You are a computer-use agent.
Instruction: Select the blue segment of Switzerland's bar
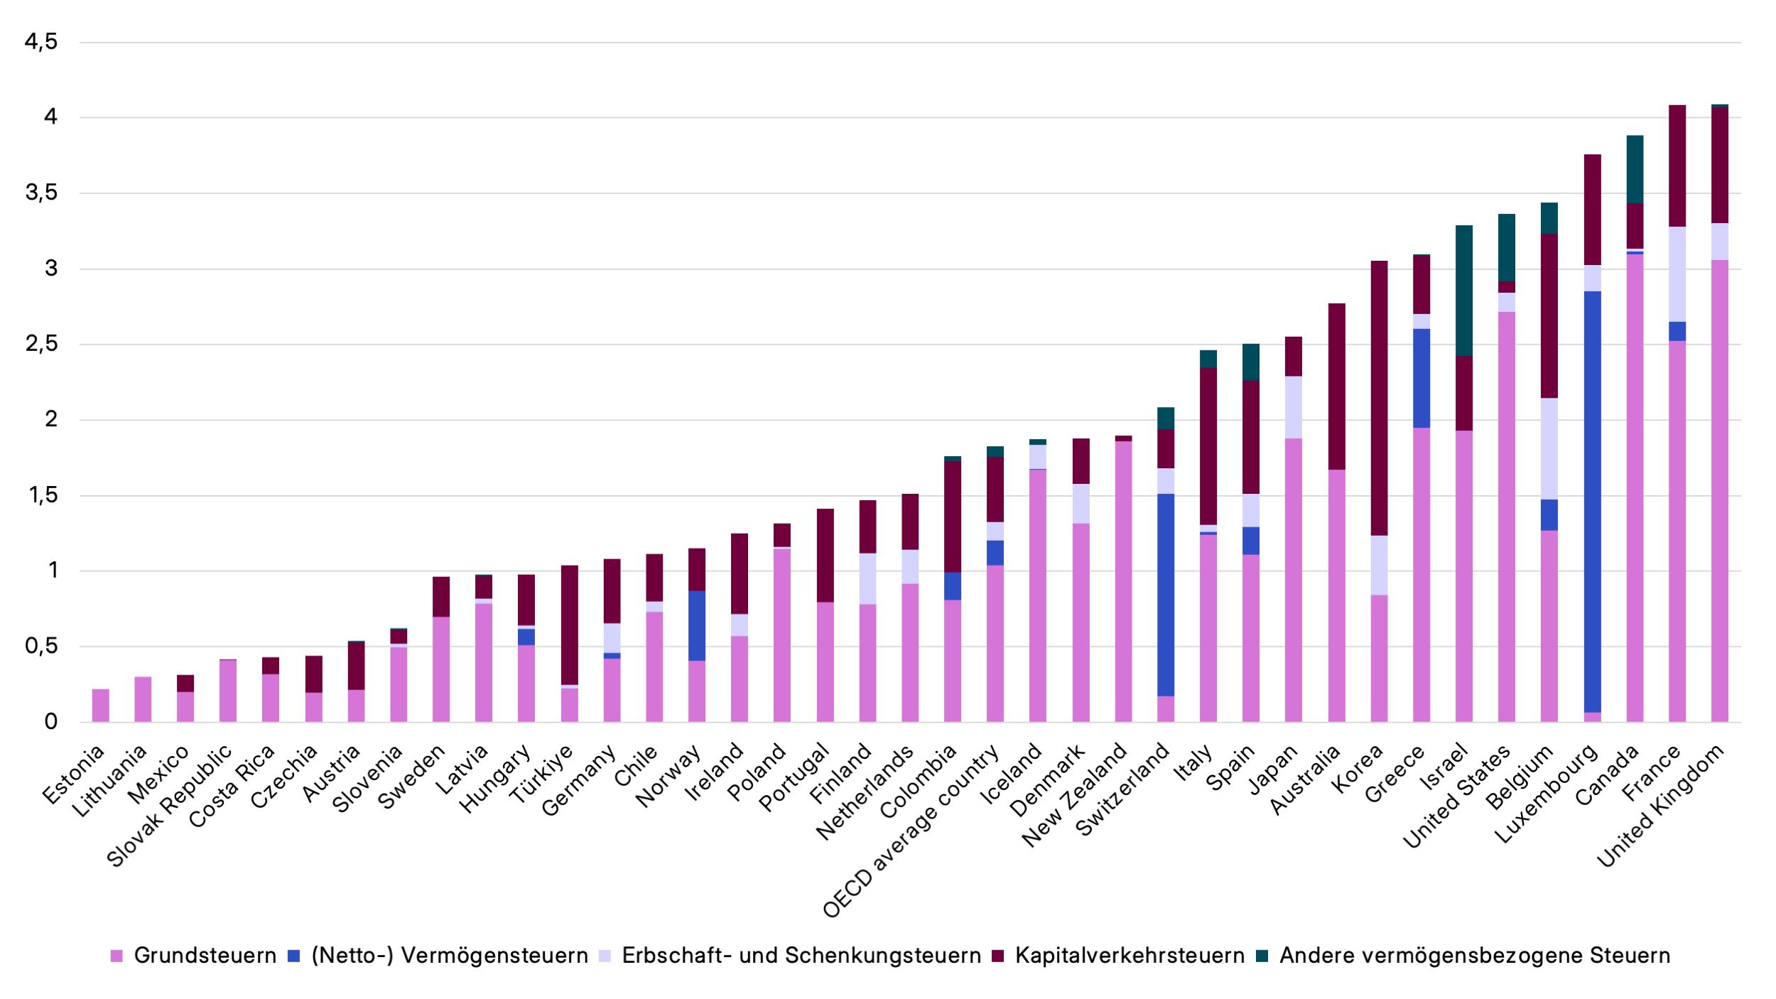coord(1165,595)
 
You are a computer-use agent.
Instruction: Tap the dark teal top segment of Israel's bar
coord(1463,290)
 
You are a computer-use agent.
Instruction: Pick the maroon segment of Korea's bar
coord(1378,398)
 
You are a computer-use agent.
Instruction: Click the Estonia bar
coord(100,705)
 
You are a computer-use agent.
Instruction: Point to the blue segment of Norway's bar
coord(697,625)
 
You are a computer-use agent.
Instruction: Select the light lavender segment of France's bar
coord(1677,274)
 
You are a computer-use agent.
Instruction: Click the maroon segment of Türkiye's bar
coord(569,625)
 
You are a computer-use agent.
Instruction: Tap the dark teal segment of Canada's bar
coord(1634,168)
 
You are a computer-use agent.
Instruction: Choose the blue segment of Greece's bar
coord(1421,377)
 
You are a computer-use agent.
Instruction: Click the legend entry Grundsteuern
coord(205,956)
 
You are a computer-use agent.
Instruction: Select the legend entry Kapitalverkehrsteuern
coord(1129,956)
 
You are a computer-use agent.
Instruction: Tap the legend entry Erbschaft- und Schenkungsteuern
coord(801,956)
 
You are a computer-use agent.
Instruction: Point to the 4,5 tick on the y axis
coord(40,42)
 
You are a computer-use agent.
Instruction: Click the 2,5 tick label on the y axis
coord(40,344)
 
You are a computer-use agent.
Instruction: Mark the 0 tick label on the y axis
coord(50,722)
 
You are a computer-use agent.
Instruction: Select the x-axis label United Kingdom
coord(1661,806)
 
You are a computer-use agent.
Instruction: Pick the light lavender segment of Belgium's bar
coord(1549,448)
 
